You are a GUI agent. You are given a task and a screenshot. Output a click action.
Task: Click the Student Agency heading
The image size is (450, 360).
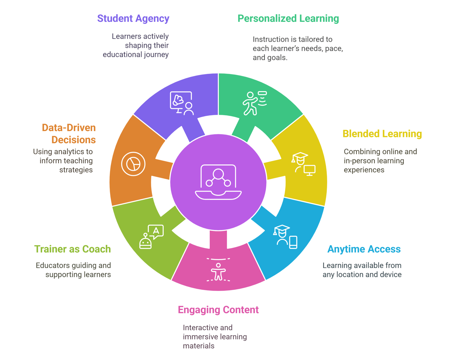tap(133, 18)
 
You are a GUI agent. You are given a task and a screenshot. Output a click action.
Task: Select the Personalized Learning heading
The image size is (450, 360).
tap(288, 18)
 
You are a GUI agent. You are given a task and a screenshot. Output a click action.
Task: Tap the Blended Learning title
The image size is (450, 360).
tap(382, 134)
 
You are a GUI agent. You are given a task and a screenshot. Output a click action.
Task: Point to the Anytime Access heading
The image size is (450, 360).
tap(364, 249)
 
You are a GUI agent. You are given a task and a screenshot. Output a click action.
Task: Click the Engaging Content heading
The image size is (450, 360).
tap(218, 310)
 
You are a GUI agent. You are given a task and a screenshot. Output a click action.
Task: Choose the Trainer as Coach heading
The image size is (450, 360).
tap(72, 249)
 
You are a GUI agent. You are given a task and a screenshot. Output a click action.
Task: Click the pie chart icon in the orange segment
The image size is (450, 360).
tap(133, 164)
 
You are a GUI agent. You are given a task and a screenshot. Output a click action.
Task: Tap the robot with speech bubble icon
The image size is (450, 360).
tap(151, 237)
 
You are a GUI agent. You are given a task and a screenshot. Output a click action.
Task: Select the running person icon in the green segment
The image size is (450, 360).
tap(254, 103)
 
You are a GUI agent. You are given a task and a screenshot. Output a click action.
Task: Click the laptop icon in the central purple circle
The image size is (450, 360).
tap(218, 182)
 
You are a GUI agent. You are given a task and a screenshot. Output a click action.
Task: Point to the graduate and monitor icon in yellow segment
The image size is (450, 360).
tap(303, 164)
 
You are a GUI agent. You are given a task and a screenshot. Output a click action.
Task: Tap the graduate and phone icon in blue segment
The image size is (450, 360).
tap(285, 237)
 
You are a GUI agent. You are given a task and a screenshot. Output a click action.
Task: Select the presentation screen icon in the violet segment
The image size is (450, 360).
tap(182, 103)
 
